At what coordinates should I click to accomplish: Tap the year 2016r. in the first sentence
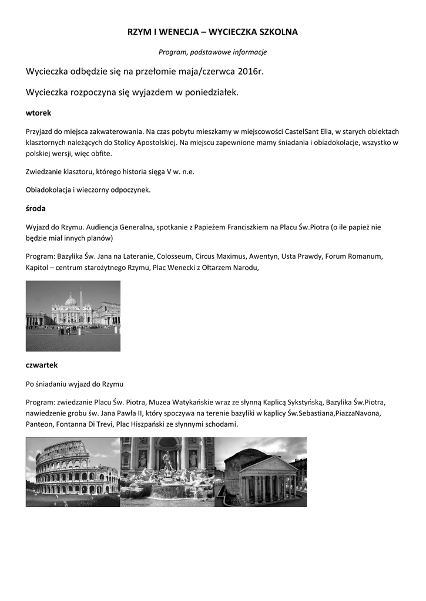pyautogui.click(x=251, y=72)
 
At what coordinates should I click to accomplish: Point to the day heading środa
pyautogui.click(x=36, y=208)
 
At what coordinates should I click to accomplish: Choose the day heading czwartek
pyautogui.click(x=42, y=365)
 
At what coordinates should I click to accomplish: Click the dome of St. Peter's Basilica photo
pyautogui.click(x=71, y=300)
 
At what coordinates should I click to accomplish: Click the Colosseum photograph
pyautogui.click(x=73, y=472)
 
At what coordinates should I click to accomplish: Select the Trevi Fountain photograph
pyautogui.click(x=167, y=472)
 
